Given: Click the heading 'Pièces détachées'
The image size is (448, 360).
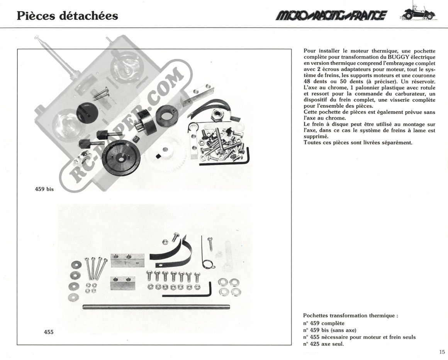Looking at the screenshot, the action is pyautogui.click(x=68, y=15).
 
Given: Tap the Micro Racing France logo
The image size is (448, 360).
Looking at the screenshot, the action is pyautogui.click(x=331, y=15).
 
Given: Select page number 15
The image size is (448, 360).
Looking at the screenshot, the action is pyautogui.click(x=442, y=352).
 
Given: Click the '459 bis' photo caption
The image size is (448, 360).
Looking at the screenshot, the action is pyautogui.click(x=44, y=189).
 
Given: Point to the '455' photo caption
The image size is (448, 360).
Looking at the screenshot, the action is pyautogui.click(x=49, y=332).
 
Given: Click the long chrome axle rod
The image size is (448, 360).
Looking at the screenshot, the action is pyautogui.click(x=156, y=307).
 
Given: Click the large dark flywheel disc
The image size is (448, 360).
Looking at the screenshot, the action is pyautogui.click(x=121, y=159).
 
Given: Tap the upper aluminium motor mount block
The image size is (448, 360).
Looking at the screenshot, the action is pyautogui.click(x=127, y=260).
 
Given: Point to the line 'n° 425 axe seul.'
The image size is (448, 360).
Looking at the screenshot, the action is pyautogui.click(x=323, y=344).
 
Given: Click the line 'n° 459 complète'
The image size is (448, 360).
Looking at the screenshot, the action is pyautogui.click(x=324, y=323).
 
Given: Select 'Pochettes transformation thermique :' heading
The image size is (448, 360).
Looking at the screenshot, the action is pyautogui.click(x=351, y=316).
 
